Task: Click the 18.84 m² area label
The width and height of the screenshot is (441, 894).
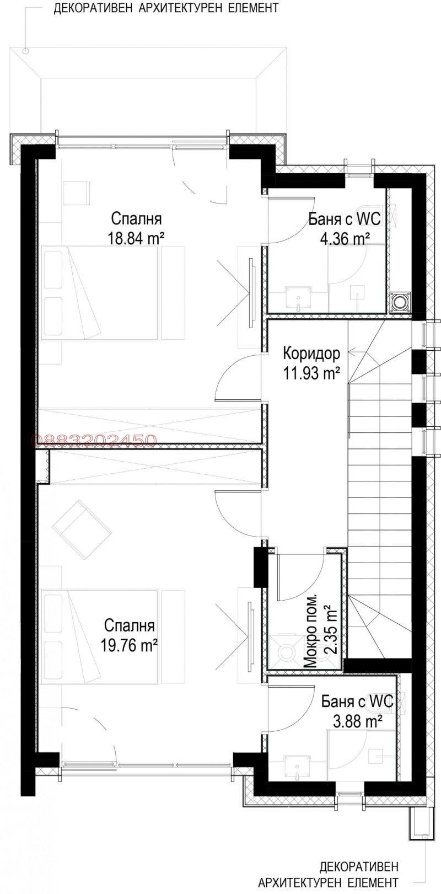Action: click(x=137, y=238)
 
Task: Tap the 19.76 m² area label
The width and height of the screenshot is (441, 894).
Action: click(x=130, y=645)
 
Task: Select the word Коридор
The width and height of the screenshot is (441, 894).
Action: click(x=311, y=353)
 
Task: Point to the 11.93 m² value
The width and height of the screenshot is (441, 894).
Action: click(x=311, y=373)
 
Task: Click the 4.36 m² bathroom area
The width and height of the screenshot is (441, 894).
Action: click(x=345, y=239)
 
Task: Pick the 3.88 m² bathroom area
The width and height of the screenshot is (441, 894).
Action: click(x=358, y=721)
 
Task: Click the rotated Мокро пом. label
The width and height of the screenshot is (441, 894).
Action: click(x=311, y=632)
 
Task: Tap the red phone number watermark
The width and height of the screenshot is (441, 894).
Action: click(x=95, y=440)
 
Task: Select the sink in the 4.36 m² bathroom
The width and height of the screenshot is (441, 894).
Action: click(x=298, y=298)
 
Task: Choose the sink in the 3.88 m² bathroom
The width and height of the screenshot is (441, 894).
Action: click(x=298, y=767)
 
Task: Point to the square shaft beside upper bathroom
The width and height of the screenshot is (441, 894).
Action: click(x=399, y=301)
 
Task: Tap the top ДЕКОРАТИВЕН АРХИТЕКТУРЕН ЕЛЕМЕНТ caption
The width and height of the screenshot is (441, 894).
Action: click(x=166, y=8)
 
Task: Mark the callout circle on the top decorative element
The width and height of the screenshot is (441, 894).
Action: click(x=25, y=51)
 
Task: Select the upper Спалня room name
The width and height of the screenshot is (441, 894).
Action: click(x=136, y=218)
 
